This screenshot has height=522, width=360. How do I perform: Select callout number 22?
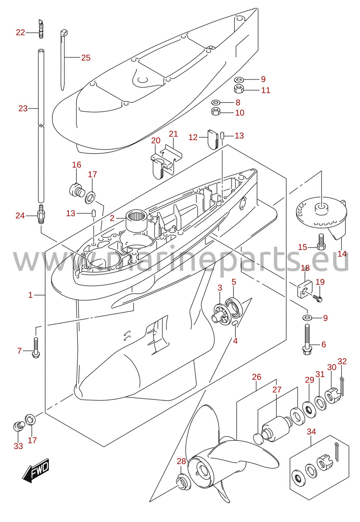coord(20,32)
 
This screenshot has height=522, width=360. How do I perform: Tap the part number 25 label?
coord(86,58)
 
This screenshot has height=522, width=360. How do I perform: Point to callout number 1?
coord(30,295)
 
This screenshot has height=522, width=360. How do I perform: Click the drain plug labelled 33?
coord(18,426)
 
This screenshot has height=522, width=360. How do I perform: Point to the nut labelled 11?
coord(239,89)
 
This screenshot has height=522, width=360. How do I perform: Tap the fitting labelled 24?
coord(41,214)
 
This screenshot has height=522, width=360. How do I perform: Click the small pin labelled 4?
coord(235,323)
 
